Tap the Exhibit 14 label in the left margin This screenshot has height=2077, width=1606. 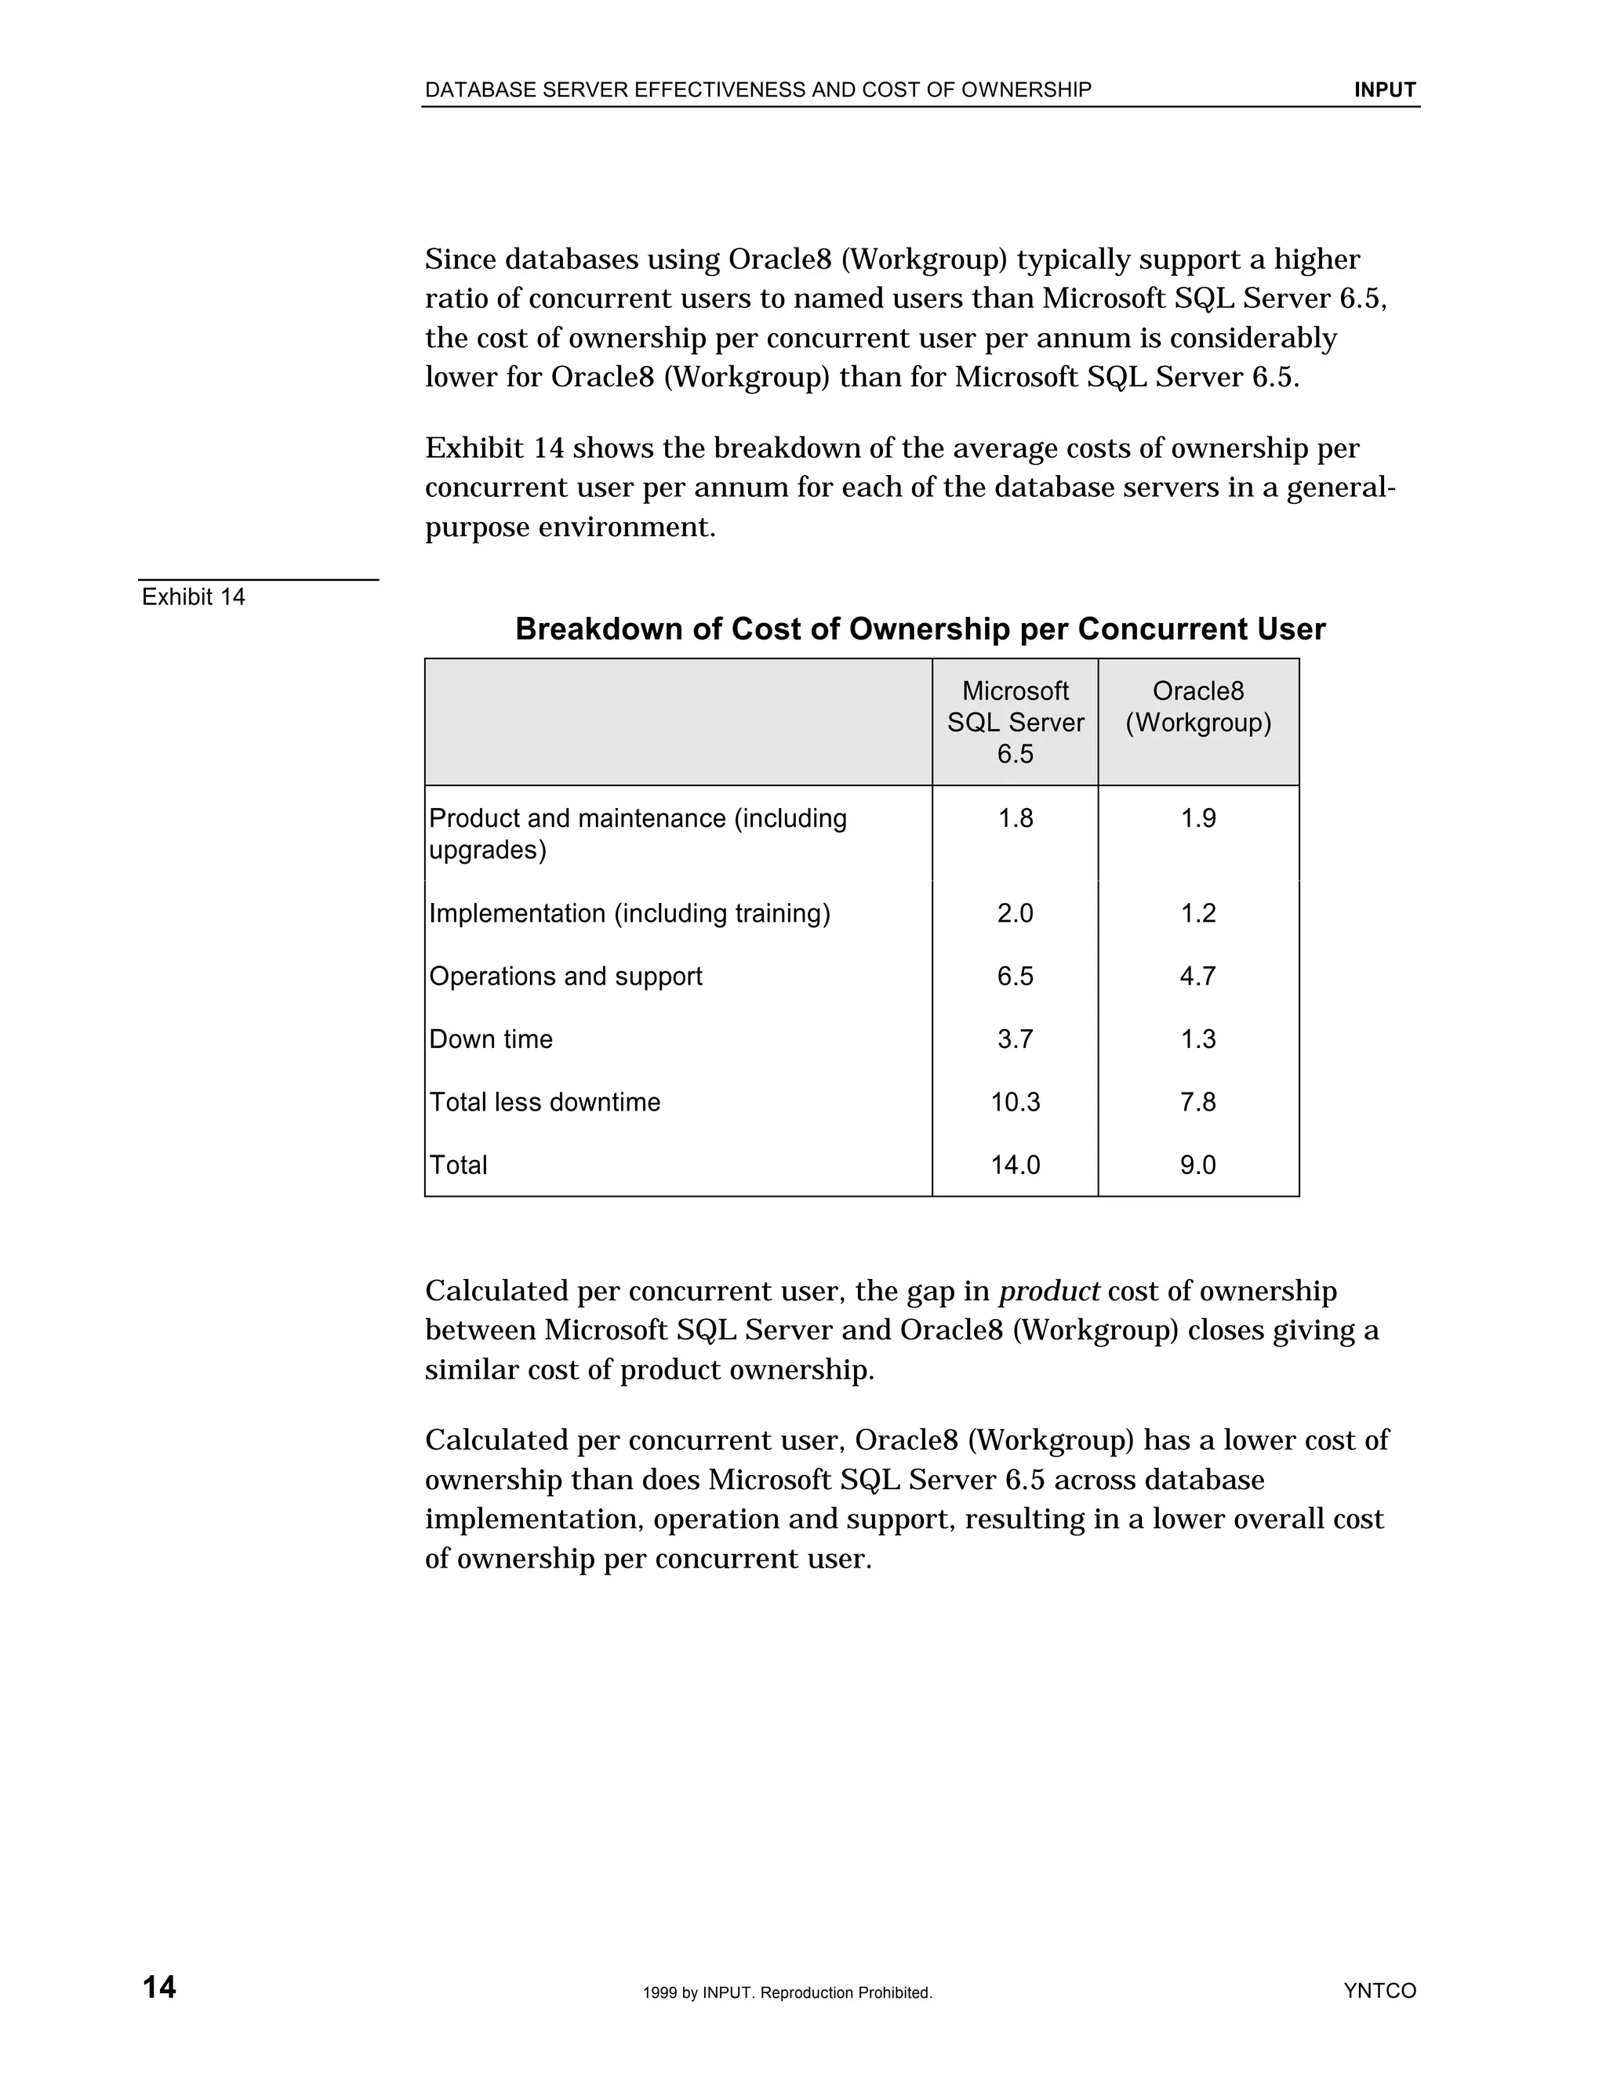[x=193, y=596]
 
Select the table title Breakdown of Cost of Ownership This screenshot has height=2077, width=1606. [x=919, y=629]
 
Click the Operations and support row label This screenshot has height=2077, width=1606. [x=565, y=976]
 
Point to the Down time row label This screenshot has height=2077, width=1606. [x=490, y=1038]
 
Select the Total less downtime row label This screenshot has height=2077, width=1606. [x=544, y=1101]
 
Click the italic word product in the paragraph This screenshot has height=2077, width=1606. [x=1048, y=1292]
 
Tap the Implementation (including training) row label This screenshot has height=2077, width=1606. [x=629, y=913]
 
